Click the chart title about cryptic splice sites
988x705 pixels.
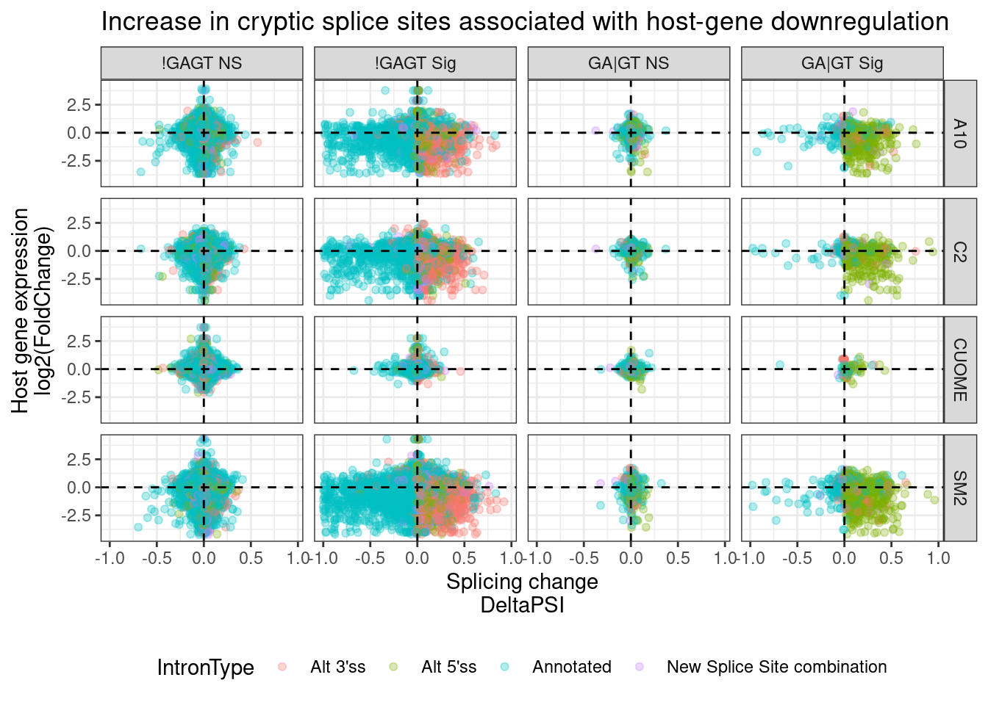click(524, 22)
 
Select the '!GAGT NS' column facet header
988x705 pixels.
click(201, 63)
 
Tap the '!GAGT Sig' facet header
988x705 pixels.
click(415, 63)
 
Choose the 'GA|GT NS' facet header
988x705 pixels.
click(629, 63)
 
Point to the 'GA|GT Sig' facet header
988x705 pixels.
click(842, 63)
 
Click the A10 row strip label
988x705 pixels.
click(959, 133)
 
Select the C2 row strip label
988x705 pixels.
click(959, 251)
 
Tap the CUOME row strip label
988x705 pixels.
click(959, 369)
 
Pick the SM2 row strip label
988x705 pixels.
click(959, 488)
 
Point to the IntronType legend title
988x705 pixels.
click(205, 668)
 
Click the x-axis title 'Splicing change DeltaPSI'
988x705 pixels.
click(522, 593)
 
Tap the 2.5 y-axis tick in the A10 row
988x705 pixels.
click(79, 105)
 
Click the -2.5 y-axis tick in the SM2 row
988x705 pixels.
click(76, 516)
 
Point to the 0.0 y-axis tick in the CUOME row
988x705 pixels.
click(79, 369)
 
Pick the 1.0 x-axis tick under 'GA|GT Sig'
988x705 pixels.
click(938, 558)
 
